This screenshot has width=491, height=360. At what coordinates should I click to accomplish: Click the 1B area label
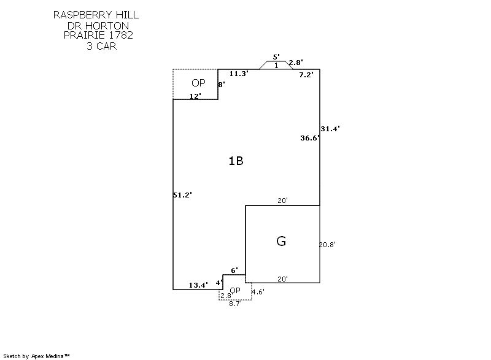(x=236, y=161)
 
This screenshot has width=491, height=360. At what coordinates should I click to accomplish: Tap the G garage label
(x=281, y=241)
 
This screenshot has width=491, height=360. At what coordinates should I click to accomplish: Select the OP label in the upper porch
(x=198, y=83)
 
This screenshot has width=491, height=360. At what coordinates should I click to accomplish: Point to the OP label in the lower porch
(x=235, y=290)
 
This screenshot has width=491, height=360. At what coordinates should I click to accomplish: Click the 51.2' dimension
(x=182, y=195)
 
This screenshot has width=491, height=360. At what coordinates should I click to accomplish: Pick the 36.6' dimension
(x=310, y=139)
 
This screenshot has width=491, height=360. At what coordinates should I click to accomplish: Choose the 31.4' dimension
(x=330, y=129)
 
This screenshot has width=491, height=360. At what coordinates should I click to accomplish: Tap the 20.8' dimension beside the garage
(x=327, y=244)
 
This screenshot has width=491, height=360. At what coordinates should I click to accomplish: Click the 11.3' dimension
(x=239, y=74)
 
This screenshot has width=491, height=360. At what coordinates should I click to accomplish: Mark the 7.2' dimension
(x=306, y=75)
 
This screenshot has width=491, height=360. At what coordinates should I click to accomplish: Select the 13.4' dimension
(x=198, y=285)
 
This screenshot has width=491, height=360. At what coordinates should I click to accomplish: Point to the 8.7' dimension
(x=235, y=304)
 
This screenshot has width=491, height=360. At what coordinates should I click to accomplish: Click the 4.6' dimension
(x=258, y=293)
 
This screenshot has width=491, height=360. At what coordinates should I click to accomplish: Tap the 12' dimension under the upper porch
(x=195, y=96)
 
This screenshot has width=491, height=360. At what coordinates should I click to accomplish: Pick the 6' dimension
(x=234, y=270)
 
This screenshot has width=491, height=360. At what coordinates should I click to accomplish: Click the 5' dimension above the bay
(x=276, y=57)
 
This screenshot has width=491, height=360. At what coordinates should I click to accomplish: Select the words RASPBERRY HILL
(x=96, y=14)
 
